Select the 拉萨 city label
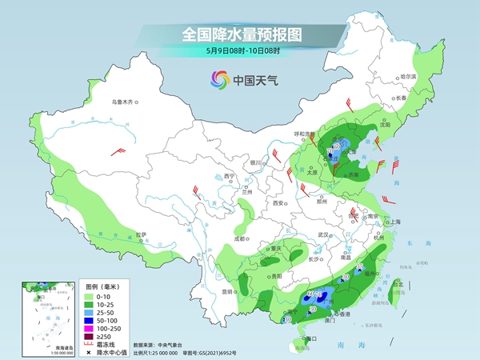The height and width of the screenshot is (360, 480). pos(142,234)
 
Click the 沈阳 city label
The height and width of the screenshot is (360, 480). pos(387,125)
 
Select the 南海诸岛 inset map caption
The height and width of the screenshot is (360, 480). pos(35,346)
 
